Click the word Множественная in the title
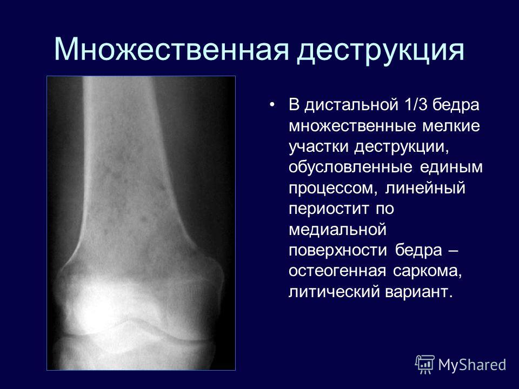pos(171,49)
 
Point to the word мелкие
pos(451,126)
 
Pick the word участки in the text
pos(318,147)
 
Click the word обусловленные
pos(350,167)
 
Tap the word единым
pos(451,167)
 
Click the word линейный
pos(425,189)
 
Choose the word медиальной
pos(337,230)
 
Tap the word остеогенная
pos(337,271)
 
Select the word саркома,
pos(428,272)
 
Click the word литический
pos(334,292)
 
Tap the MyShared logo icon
pos(425,364)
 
